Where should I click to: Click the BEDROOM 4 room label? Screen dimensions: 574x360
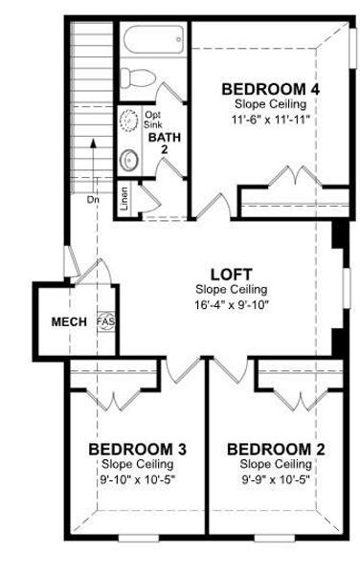point(270,90)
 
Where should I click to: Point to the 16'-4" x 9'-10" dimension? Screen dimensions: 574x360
point(232,303)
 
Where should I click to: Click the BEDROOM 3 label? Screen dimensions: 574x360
point(137,449)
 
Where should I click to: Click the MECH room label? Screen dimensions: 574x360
point(69,320)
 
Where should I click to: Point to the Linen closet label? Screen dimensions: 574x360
point(124,197)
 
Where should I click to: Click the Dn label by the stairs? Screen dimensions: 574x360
point(92,200)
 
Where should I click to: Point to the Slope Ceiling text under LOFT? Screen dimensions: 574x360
point(232,289)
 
